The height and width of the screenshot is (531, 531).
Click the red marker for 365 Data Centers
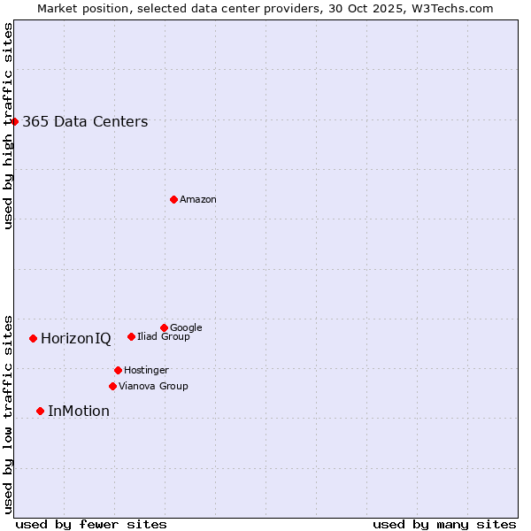[x=15, y=121]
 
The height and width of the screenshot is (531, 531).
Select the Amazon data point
[x=173, y=199]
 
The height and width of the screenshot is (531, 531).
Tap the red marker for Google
[x=164, y=327]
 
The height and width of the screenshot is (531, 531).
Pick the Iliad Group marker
[x=131, y=336]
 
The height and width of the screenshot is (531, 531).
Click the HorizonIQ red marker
[x=33, y=338]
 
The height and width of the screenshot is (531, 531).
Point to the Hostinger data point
[x=118, y=370]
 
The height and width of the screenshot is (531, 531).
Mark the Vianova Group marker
[x=112, y=386]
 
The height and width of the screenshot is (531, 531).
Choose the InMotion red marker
[x=40, y=411]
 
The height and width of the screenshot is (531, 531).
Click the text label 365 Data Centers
[x=85, y=122]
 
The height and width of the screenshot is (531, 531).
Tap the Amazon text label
[x=198, y=200]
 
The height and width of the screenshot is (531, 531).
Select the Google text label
[x=186, y=327]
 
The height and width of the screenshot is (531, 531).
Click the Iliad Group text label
[x=164, y=336]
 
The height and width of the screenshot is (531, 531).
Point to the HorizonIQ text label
[x=76, y=339]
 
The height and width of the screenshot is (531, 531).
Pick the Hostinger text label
[x=146, y=370]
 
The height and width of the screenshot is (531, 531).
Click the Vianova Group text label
[x=153, y=386]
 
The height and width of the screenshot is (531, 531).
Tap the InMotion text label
[x=79, y=412]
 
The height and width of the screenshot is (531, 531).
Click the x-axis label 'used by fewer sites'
[x=91, y=524]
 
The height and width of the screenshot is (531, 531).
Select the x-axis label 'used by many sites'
[x=444, y=524]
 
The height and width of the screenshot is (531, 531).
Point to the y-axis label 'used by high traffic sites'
[x=8, y=126]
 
